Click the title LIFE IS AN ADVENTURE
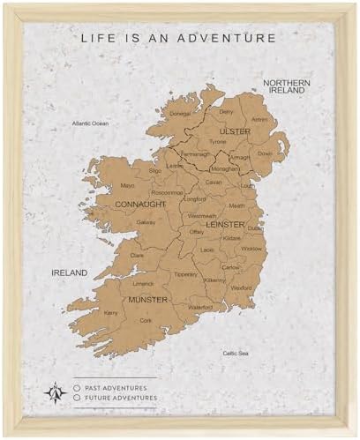coord(179,38)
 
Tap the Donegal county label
coord(180,114)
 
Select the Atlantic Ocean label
coord(90,123)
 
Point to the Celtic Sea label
coord(235,353)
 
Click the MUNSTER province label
coord(147,300)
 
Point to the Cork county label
coord(146,321)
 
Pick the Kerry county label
coord(111,312)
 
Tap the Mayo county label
coord(128,186)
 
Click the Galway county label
coord(146,222)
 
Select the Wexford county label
coord(241,287)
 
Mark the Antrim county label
coord(259,119)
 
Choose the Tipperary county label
coord(186,273)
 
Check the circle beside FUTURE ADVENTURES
coord(78,398)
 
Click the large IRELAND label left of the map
coord(70,272)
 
